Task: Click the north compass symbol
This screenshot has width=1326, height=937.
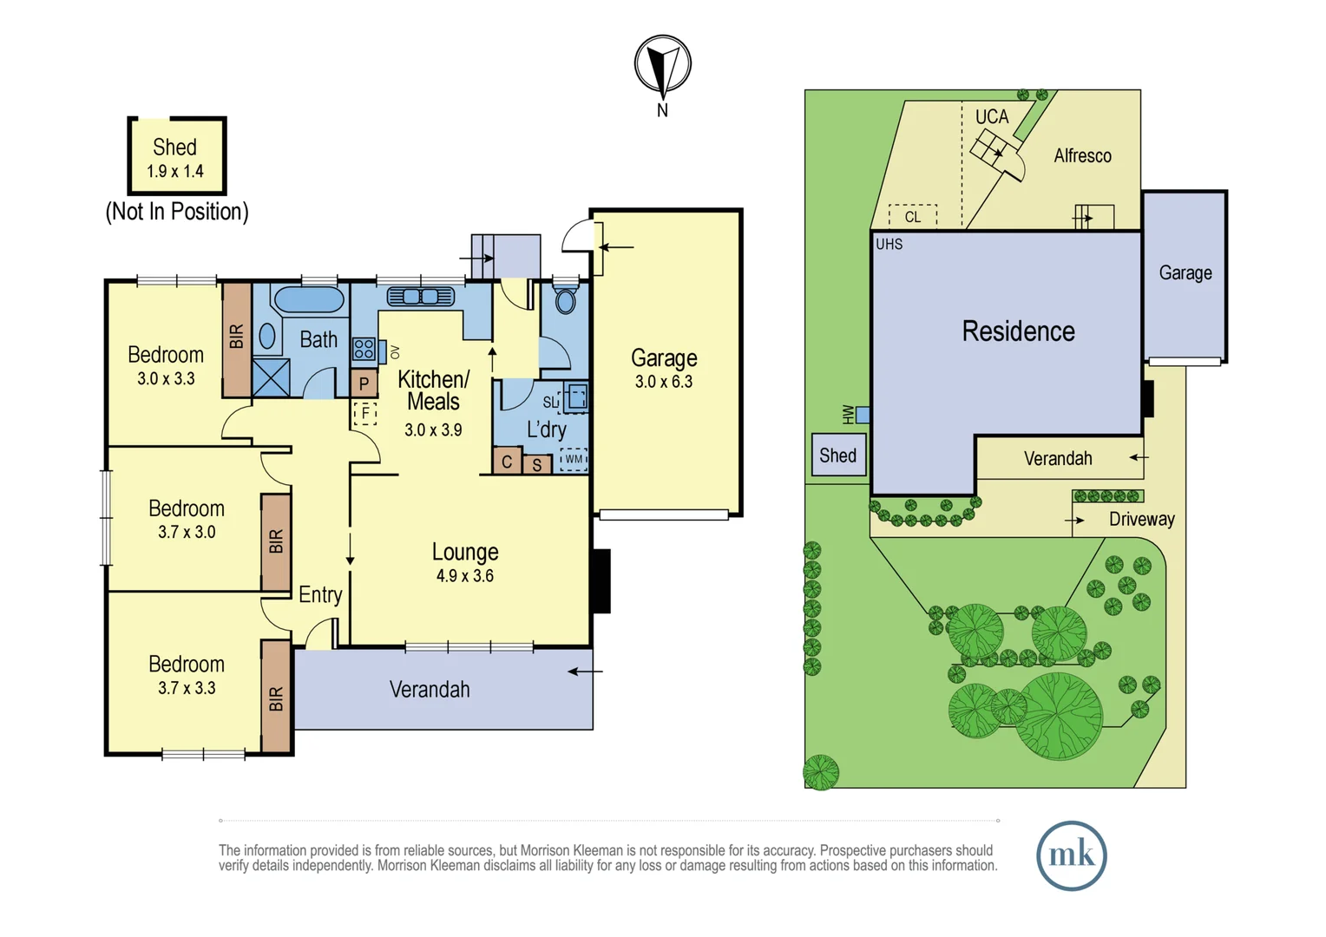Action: click(x=662, y=65)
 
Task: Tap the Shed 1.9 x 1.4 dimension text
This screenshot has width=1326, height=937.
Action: click(x=175, y=172)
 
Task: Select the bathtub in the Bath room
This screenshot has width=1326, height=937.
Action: click(x=309, y=299)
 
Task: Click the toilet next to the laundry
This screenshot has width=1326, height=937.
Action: click(x=565, y=299)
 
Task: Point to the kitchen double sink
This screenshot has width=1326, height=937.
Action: click(x=421, y=296)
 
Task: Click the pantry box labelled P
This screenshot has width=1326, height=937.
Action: click(x=364, y=383)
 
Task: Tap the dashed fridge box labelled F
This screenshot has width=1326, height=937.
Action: click(x=365, y=413)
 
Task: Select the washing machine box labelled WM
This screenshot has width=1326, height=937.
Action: click(x=574, y=459)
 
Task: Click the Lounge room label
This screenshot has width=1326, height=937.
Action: click(x=465, y=552)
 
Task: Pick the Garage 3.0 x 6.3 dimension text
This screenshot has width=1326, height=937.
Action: click(x=664, y=382)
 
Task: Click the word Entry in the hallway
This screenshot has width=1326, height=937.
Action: click(x=320, y=595)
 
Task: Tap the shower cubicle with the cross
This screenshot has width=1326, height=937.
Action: click(x=271, y=377)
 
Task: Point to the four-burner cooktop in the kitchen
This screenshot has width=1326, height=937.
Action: click(x=364, y=349)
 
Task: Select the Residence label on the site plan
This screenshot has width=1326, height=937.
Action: click(x=1018, y=331)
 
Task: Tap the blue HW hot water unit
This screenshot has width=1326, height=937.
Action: click(x=863, y=415)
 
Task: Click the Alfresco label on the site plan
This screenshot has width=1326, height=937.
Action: click(x=1083, y=155)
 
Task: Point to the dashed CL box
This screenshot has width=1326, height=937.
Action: click(x=913, y=217)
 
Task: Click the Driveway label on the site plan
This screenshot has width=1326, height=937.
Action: click(x=1142, y=519)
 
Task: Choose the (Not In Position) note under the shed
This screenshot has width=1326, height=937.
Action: click(x=177, y=212)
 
